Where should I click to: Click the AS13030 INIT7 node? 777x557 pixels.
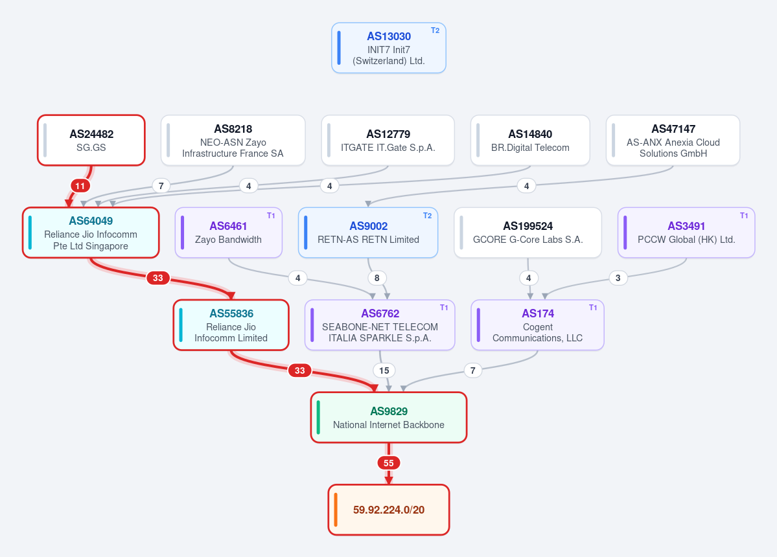coord(389,48)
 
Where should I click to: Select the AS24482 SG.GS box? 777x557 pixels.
coord(91,140)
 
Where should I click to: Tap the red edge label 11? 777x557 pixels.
coord(80,186)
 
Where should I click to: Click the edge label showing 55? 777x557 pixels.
coord(389,463)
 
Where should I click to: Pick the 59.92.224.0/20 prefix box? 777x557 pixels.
coord(389,510)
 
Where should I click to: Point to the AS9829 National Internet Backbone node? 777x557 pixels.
coord(389,417)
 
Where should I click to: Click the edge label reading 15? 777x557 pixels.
coord(384,370)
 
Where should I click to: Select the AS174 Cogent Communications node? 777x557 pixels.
coord(538,324)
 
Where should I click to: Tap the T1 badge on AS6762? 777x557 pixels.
coord(444,308)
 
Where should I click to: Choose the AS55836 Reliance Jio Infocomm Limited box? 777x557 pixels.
coord(231,324)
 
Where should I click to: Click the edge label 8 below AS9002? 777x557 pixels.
coord(377,278)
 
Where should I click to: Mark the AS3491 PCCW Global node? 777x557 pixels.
coord(686,233)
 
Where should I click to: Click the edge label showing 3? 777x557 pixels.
coord(618,278)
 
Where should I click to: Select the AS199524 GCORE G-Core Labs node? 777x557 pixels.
coord(528,233)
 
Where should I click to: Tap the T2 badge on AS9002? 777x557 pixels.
coord(427,216)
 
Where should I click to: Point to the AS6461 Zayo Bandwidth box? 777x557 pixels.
coord(229,233)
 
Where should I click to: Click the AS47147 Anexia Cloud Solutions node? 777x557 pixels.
coord(673,140)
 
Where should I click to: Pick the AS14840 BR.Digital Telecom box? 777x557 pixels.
coord(530,140)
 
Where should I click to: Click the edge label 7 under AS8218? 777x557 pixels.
coord(161,186)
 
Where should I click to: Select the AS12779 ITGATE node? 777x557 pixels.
coord(388,140)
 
